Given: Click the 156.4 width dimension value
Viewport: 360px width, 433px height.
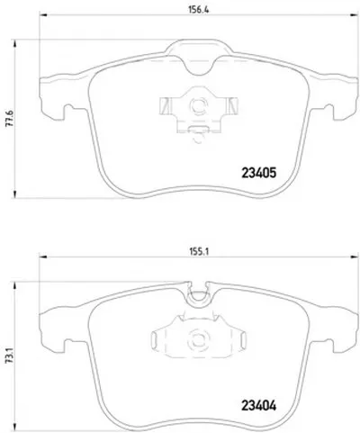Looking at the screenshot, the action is pyautogui.click(x=198, y=10).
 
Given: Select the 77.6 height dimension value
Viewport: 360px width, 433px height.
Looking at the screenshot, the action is pyautogui.click(x=9, y=119).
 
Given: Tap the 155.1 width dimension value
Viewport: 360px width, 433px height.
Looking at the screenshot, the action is pyautogui.click(x=199, y=251).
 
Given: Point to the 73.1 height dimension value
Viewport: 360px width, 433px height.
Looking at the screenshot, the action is pyautogui.click(x=9, y=358).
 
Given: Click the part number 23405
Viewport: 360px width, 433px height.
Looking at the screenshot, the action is pyautogui.click(x=258, y=173).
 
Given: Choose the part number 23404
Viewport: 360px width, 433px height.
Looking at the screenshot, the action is pyautogui.click(x=258, y=406).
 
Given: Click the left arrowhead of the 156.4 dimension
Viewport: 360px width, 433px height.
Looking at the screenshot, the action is pyautogui.click(x=43, y=14).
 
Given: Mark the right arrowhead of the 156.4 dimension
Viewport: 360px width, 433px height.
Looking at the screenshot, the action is pyautogui.click(x=354, y=14).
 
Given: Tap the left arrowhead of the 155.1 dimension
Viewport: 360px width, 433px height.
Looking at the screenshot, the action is pyautogui.click(x=43, y=257).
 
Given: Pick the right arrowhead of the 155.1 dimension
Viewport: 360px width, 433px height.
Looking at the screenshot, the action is pyautogui.click(x=354, y=257).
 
